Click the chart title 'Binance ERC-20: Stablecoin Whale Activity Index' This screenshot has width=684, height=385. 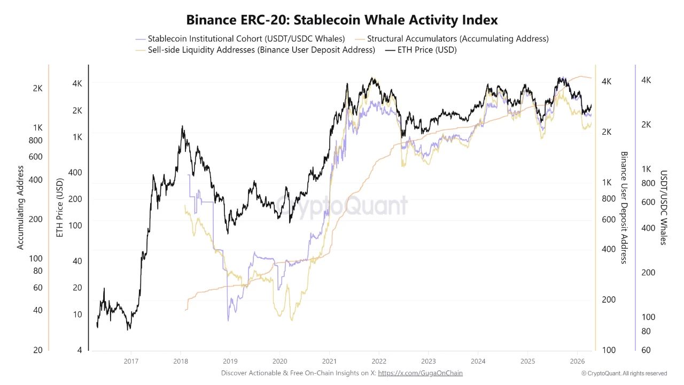click(342, 20)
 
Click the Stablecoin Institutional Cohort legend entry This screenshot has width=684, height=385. click(246, 38)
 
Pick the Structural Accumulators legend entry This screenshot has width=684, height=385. click(457, 38)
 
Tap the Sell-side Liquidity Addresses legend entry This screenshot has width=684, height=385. click(261, 50)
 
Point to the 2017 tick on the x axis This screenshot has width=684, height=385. click(131, 361)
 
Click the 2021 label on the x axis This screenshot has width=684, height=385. click(329, 361)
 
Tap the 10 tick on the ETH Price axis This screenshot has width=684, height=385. click(77, 314)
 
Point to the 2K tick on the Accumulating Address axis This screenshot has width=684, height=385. click(37, 88)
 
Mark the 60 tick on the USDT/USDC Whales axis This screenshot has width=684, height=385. click(646, 350)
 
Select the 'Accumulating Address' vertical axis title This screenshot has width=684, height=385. click(20, 207)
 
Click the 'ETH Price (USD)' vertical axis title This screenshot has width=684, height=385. click(60, 207)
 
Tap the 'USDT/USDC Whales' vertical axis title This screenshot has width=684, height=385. click(663, 207)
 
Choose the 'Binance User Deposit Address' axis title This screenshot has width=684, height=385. click(623, 207)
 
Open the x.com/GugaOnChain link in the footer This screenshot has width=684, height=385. click(420, 373)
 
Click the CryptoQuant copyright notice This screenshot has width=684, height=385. click(624, 373)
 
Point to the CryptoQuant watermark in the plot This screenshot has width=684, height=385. click(342, 206)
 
